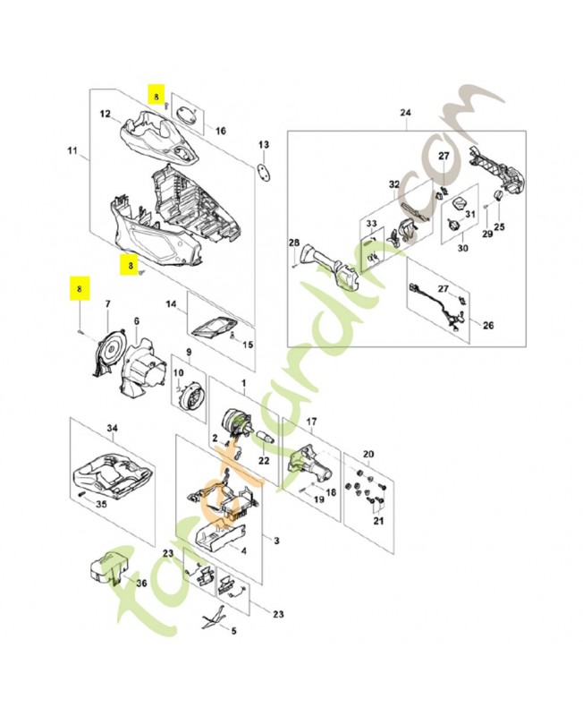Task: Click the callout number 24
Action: [404, 113]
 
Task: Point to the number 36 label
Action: [140, 583]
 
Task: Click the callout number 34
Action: [112, 429]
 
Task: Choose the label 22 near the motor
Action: [263, 460]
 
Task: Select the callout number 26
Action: [488, 324]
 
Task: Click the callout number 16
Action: [220, 131]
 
